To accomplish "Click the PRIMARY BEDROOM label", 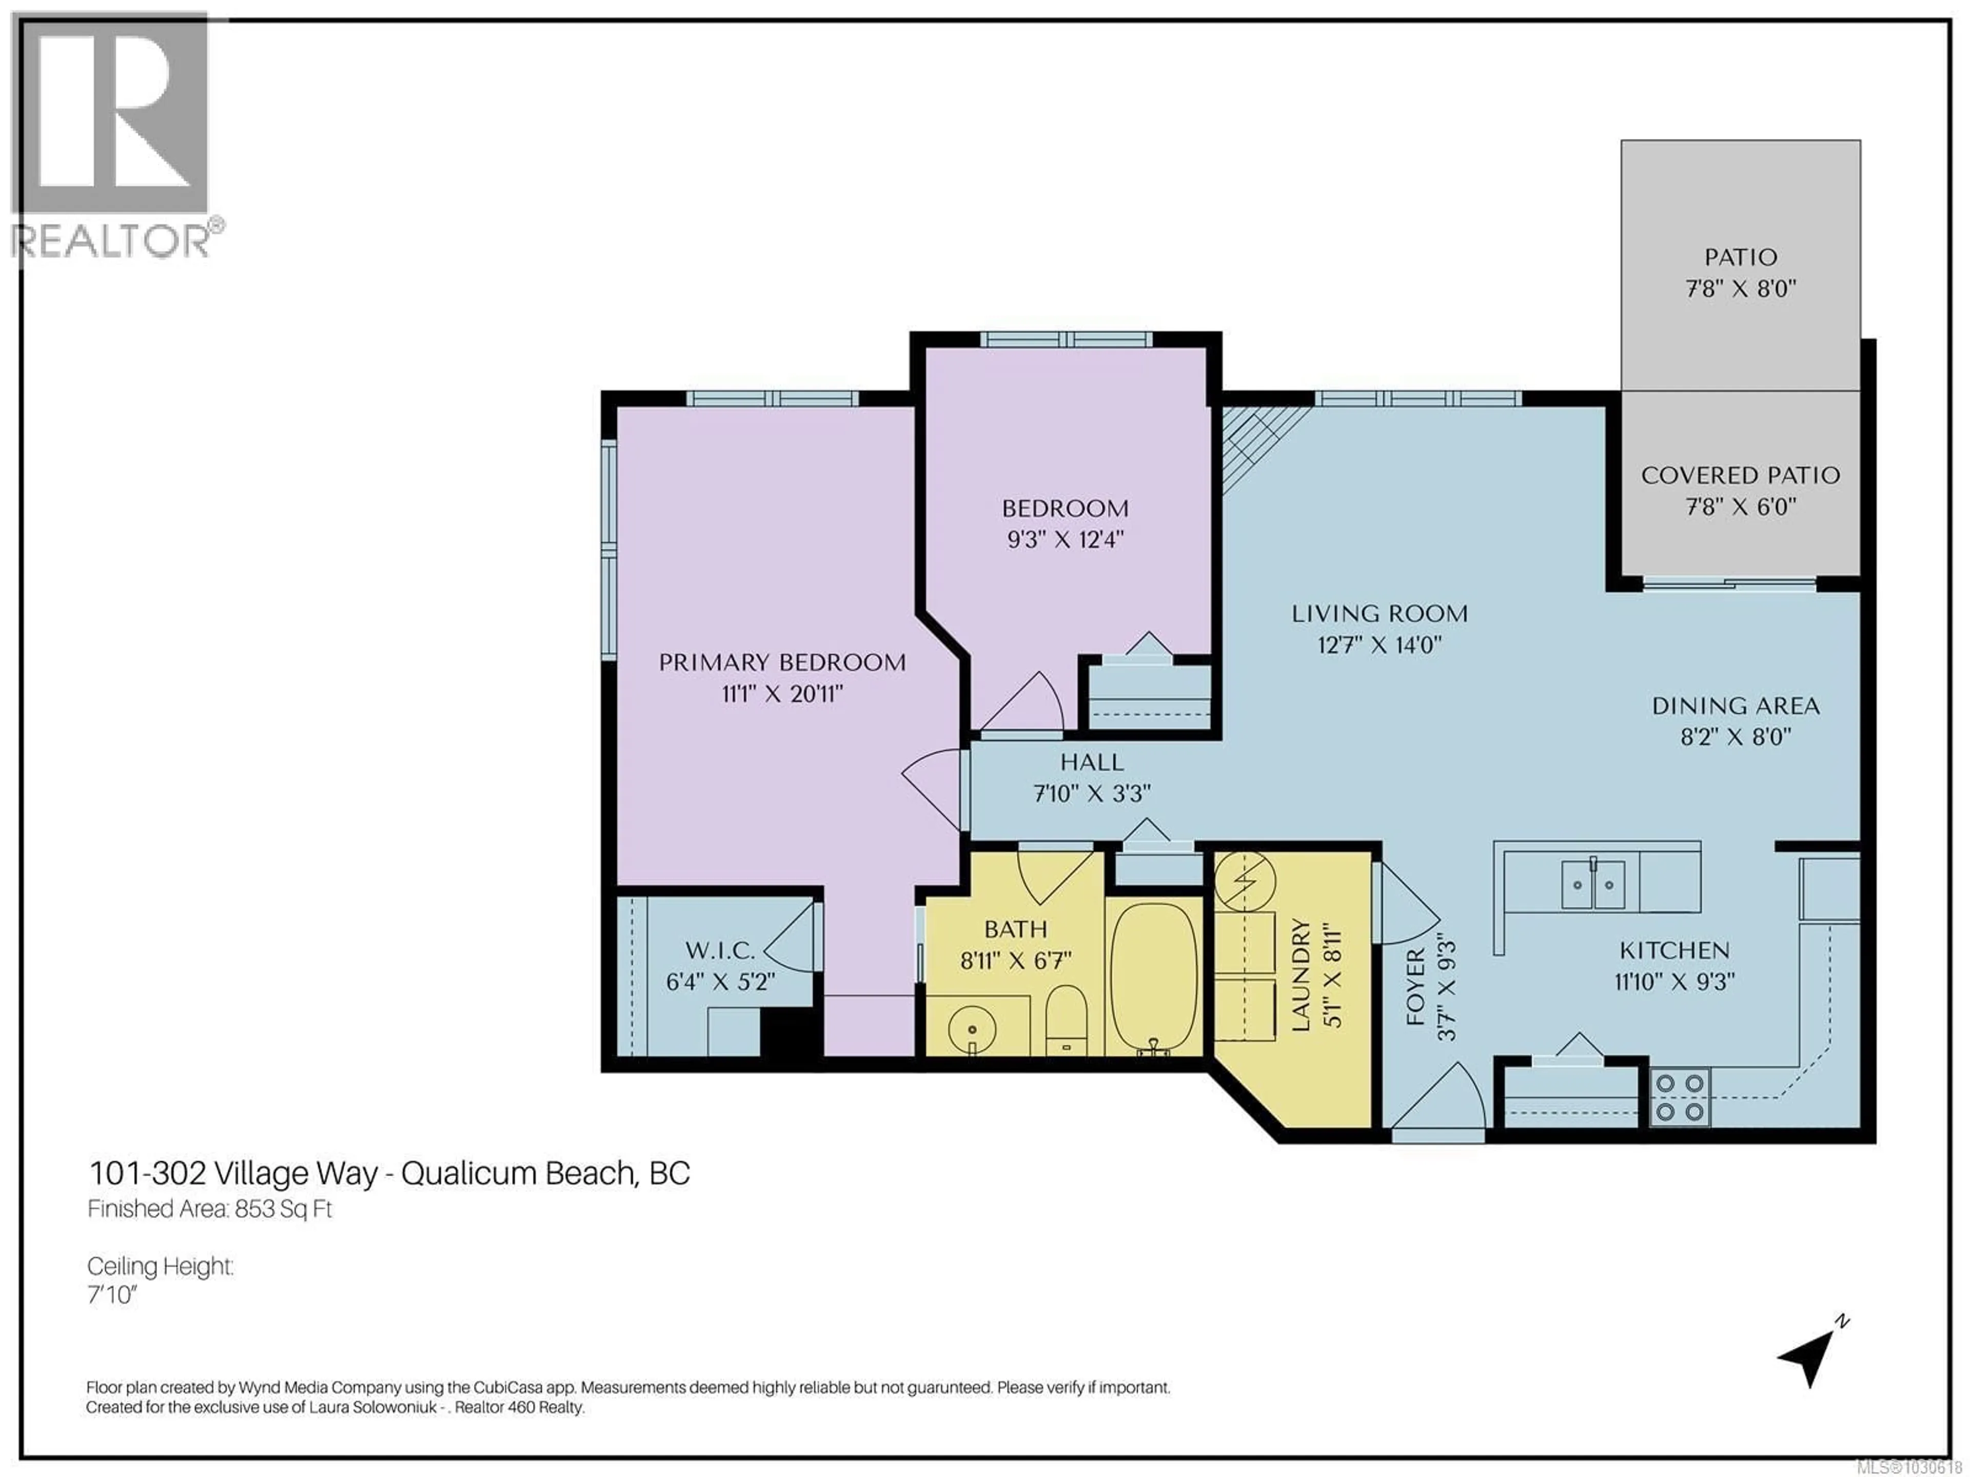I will pyautogui.click(x=782, y=663).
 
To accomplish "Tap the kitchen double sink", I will pyautogui.click(x=1592, y=884).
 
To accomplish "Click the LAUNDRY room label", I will pyautogui.click(x=1301, y=975).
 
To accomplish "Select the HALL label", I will pyautogui.click(x=1092, y=762).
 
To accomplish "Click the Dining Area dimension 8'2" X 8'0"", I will pyautogui.click(x=1735, y=737).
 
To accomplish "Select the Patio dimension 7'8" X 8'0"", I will pyautogui.click(x=1740, y=288).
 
